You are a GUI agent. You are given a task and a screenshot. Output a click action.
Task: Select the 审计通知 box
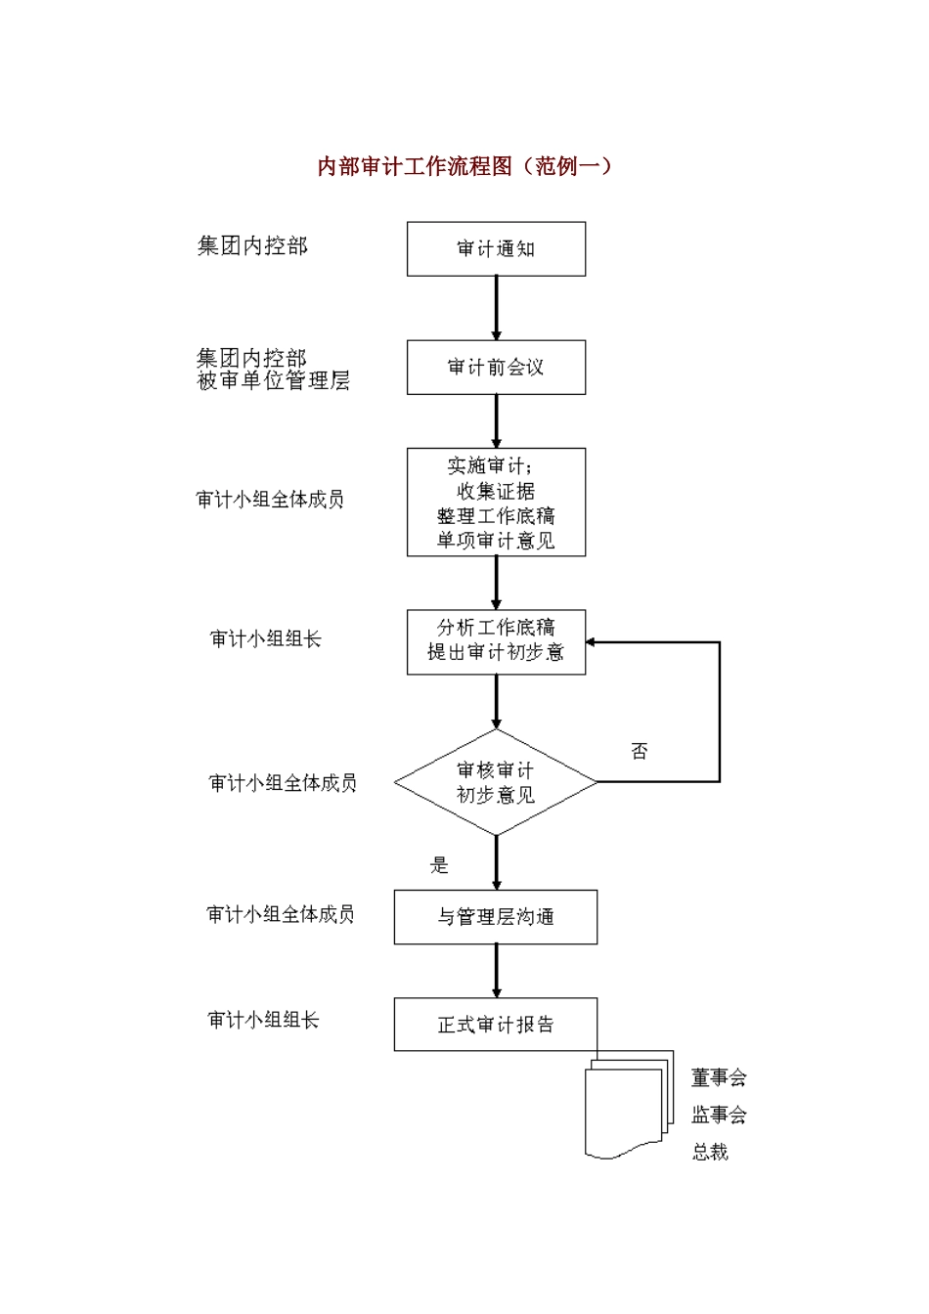[496, 248]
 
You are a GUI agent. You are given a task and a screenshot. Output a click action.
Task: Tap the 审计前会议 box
[496, 368]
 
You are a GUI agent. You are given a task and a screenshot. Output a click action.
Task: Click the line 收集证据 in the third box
[496, 491]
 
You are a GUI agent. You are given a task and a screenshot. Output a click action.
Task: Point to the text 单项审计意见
[496, 541]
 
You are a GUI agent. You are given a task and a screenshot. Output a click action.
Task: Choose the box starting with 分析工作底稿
[496, 640]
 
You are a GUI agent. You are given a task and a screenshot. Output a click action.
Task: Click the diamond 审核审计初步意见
[496, 782]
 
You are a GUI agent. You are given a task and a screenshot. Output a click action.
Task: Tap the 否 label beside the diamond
[639, 751]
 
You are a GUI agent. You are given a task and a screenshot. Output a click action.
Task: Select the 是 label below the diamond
[439, 864]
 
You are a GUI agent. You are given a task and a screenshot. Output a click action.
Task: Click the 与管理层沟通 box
[496, 917]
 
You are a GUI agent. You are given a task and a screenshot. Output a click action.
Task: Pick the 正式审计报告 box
[496, 1025]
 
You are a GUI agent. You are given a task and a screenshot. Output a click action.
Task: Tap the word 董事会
[719, 1077]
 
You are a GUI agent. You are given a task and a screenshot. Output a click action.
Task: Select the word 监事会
[719, 1115]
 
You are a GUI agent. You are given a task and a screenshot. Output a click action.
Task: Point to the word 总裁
[711, 1152]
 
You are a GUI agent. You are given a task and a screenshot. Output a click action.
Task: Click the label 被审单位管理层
[273, 381]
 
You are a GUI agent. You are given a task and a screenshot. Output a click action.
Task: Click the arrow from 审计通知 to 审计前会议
[496, 308]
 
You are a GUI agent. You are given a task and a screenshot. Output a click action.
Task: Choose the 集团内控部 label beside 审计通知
[252, 246]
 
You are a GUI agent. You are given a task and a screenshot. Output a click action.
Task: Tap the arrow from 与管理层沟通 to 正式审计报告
[496, 971]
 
